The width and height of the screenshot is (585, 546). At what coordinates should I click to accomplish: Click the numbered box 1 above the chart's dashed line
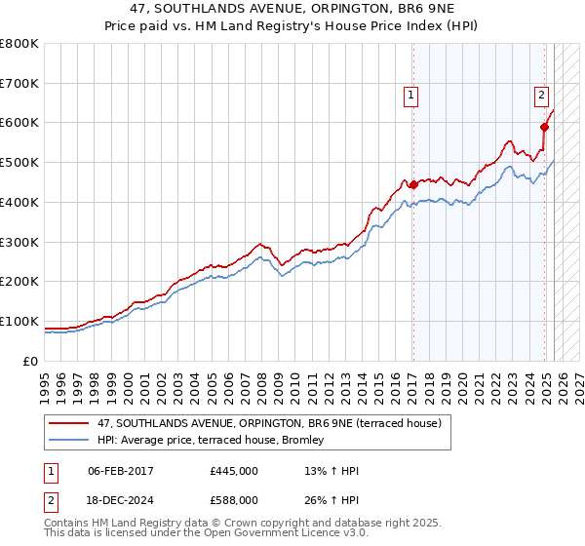(411, 96)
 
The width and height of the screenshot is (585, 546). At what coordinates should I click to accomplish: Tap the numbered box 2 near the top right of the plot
(541, 96)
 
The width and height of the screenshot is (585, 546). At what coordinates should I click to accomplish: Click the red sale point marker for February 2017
(412, 184)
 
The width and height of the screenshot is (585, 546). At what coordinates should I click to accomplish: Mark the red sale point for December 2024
(545, 127)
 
